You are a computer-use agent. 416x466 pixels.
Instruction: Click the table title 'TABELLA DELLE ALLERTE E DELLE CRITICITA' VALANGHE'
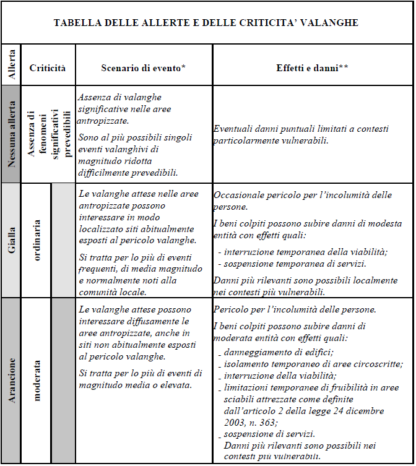tap(206, 24)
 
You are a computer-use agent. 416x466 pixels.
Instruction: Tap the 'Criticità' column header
tap(48, 68)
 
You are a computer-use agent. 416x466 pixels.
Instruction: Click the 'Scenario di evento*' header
tap(144, 68)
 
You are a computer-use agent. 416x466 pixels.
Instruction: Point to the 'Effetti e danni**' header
tap(312, 68)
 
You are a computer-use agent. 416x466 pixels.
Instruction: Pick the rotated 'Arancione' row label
tap(11, 379)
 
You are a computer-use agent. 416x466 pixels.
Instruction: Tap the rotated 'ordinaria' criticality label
tap(37, 239)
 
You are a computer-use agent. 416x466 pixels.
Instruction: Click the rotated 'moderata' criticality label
tap(37, 379)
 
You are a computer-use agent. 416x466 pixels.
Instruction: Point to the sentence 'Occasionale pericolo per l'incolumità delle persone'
tap(302, 201)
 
